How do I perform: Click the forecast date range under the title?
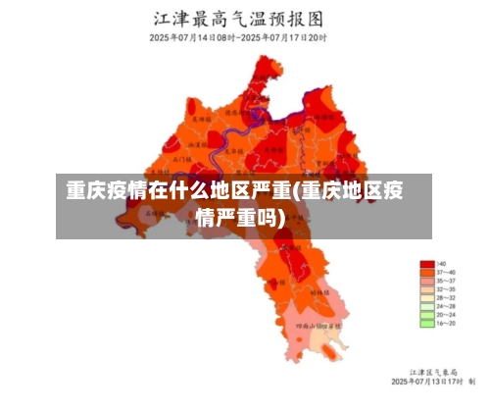pyautogui.click(x=238, y=38)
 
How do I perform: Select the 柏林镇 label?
pyautogui.click(x=320, y=292)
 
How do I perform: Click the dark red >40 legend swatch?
pyautogui.click(x=426, y=264)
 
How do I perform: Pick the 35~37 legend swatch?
pyautogui.click(x=426, y=283)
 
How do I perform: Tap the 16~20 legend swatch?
pyautogui.click(x=426, y=322)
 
